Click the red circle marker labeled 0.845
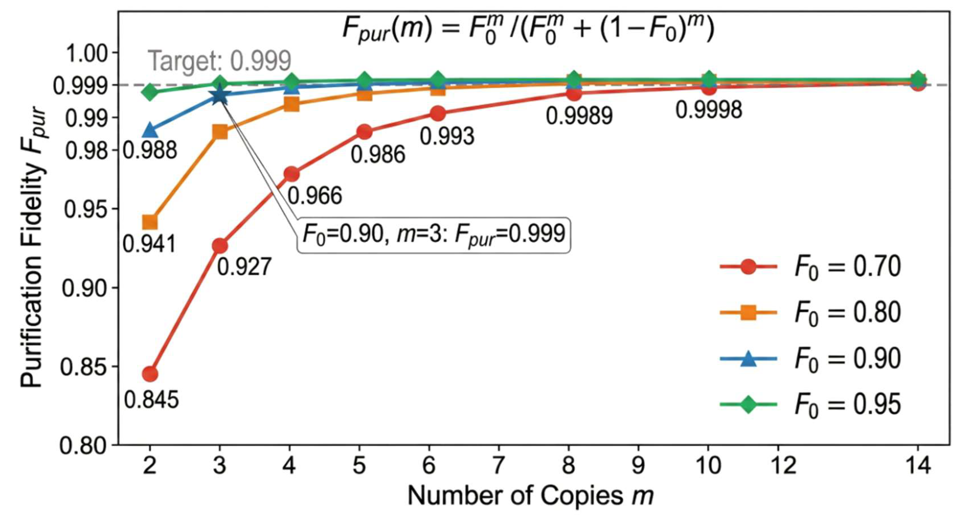[150, 374]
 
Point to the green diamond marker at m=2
[150, 92]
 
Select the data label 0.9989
[579, 115]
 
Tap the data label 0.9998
[708, 110]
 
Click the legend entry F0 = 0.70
[810, 267]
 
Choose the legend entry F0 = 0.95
[810, 405]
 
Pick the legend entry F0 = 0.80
[810, 313]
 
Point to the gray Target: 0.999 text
[220, 61]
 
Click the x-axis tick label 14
[918, 466]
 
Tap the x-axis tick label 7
[499, 466]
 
